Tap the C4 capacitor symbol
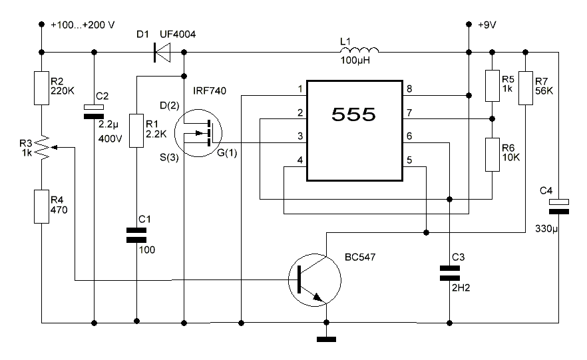click(x=558, y=206)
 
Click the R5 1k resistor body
click(x=492, y=85)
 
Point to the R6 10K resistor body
click(x=492, y=154)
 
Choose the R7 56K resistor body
click(x=526, y=85)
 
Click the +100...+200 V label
click(x=83, y=25)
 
